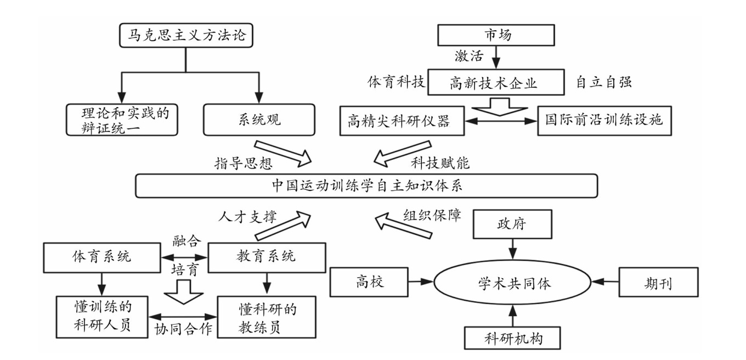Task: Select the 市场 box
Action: pyautogui.click(x=495, y=35)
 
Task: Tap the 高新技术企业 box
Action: pyautogui.click(x=496, y=82)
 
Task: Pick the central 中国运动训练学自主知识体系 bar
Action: pyautogui.click(x=366, y=185)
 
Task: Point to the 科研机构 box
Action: pyautogui.click(x=512, y=335)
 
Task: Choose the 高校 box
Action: pyautogui.click(x=369, y=282)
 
